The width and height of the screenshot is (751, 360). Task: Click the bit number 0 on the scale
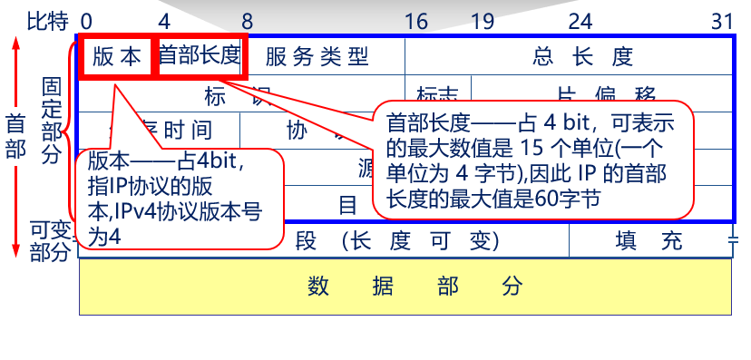[x=86, y=20]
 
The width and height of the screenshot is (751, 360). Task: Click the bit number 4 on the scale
[x=163, y=20]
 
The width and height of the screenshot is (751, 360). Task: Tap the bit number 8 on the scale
[x=246, y=20]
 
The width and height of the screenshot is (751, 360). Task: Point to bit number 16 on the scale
[x=416, y=20]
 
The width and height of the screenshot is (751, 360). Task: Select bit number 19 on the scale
[x=482, y=20]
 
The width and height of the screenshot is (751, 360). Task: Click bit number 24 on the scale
[x=580, y=20]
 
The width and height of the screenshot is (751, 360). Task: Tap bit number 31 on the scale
[x=721, y=20]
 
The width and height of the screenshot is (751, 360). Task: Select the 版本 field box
[x=118, y=57]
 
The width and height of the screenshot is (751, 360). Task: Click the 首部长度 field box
[x=200, y=57]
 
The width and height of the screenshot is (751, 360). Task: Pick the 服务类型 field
[x=317, y=57]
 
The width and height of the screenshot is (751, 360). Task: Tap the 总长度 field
[x=581, y=57]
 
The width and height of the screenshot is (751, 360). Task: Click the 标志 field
[x=437, y=93]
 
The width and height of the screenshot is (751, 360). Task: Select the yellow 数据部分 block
[x=405, y=287]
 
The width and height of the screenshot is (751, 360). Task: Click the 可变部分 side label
[x=50, y=240]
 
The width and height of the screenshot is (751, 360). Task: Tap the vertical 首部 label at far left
[x=15, y=136]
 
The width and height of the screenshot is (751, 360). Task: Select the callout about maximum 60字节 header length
[x=536, y=159]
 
